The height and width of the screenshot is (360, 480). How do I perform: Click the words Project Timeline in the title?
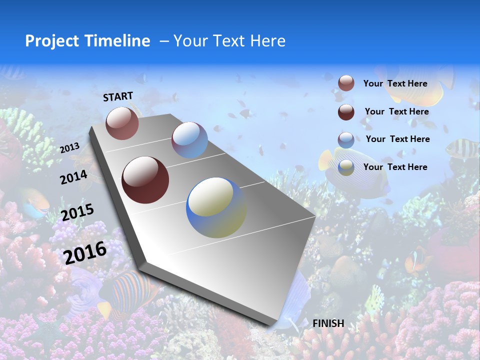(87, 41)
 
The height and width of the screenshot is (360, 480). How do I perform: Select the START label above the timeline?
(118, 96)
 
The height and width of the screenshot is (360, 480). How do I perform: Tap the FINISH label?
(328, 323)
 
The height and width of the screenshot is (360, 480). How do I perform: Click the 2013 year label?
(69, 148)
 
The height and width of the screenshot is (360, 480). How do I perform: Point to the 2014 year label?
(73, 177)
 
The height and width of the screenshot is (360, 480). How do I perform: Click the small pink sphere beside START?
(122, 123)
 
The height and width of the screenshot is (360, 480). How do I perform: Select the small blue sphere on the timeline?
(189, 140)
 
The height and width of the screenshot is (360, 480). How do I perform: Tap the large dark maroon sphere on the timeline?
(145, 180)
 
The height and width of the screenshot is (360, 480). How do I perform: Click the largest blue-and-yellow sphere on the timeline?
(216, 207)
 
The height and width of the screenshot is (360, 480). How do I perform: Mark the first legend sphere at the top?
(346, 83)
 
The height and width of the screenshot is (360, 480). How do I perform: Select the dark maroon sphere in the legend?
(346, 112)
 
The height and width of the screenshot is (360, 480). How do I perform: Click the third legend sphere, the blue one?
(346, 140)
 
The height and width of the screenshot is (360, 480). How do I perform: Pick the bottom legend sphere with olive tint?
(346, 168)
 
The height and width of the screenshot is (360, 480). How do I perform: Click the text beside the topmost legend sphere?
(395, 83)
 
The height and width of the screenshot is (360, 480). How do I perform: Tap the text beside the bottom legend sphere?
(395, 167)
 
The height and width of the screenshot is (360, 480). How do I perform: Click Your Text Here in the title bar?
(229, 41)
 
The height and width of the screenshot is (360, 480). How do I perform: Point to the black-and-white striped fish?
(460, 148)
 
